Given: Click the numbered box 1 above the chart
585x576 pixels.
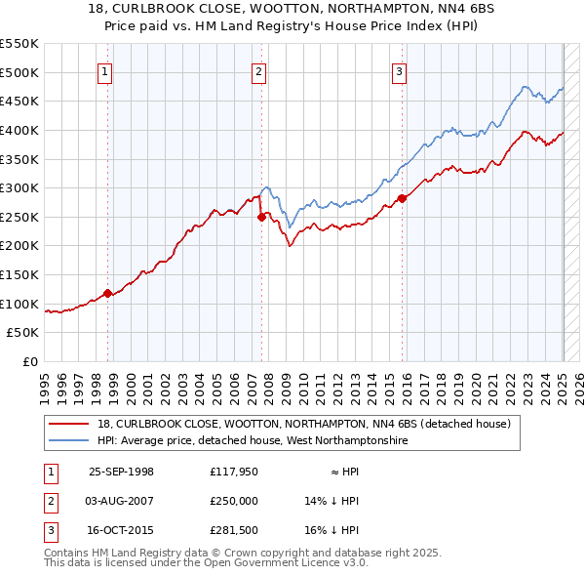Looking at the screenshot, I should (x=103, y=70).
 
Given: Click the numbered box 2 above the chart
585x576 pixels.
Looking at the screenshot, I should (x=259, y=70).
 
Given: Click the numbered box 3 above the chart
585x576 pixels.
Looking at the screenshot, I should (x=400, y=70).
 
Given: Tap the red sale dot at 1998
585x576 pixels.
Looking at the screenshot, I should (x=108, y=293).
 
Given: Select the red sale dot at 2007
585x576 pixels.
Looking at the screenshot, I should (x=261, y=218).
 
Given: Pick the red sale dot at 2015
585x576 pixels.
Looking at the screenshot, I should (x=402, y=199).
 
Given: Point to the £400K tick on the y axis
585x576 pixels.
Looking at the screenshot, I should (x=20, y=130).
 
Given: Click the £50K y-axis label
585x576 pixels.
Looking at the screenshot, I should (x=24, y=333).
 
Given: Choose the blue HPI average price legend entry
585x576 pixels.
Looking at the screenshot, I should (x=252, y=441).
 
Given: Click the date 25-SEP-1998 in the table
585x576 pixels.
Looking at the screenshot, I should (x=121, y=472).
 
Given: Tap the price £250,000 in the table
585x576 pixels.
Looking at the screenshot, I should (x=234, y=501).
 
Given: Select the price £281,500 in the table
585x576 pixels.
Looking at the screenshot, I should (x=234, y=530).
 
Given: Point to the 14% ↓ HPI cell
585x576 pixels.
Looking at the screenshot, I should (x=332, y=501).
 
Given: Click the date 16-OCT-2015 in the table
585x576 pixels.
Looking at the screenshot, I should (x=121, y=530).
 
